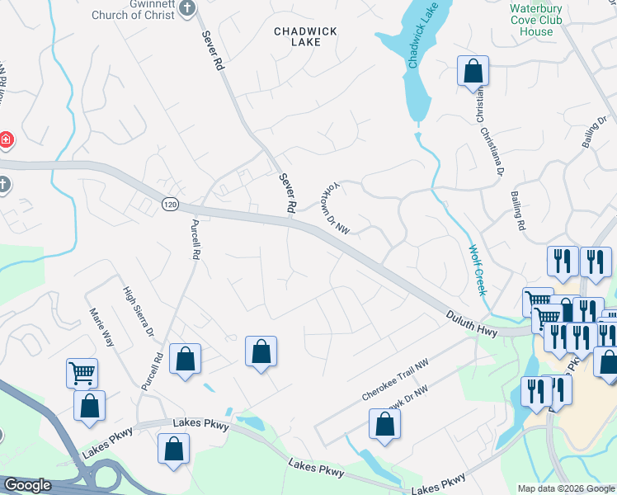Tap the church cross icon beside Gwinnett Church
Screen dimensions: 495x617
pos(188,8)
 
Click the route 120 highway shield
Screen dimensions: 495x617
pos(170,204)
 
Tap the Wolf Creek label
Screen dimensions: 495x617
pos(478,271)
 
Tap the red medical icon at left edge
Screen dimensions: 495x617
pos(5,140)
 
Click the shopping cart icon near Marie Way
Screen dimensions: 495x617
pos(82,373)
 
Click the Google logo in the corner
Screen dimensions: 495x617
pos(26,486)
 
